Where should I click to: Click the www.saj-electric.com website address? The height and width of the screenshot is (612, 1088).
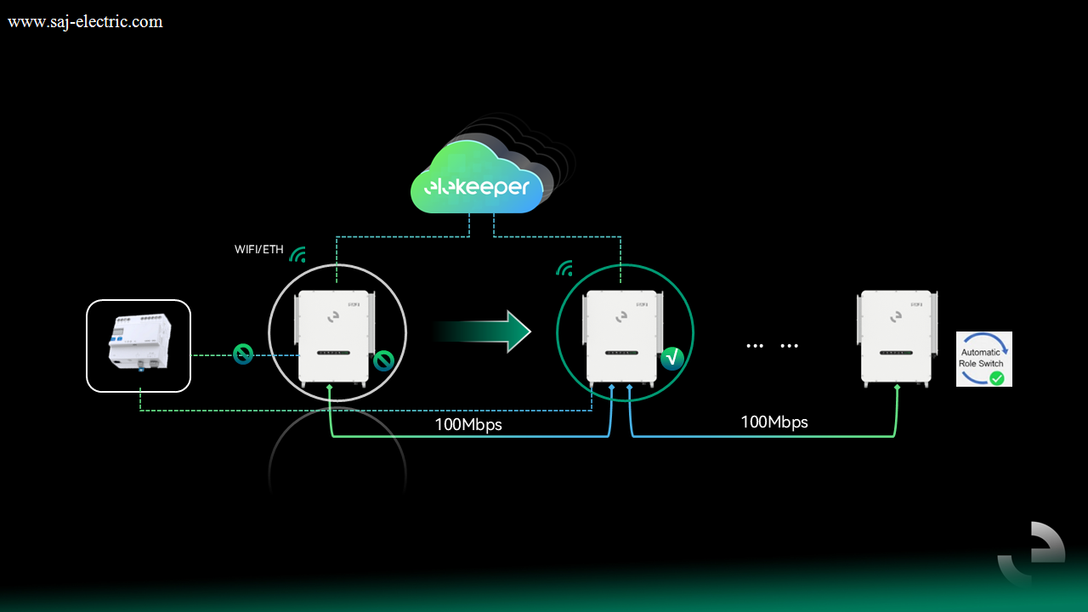coord(85,22)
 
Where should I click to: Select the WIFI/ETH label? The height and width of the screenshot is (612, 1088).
coord(259,250)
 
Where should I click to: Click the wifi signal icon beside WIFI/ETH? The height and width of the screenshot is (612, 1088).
coord(298,255)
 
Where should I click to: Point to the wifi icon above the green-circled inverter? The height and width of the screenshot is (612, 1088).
coord(564,269)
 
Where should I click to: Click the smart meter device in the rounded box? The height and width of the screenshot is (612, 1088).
coord(140,343)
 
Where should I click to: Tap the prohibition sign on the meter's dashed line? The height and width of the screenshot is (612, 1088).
coord(243,354)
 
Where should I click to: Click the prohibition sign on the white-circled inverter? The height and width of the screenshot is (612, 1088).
coord(383,361)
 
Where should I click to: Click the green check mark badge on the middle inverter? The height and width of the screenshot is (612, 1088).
coord(672,359)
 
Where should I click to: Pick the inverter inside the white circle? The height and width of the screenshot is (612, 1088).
coord(334,338)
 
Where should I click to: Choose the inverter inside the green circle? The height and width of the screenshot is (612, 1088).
coord(623,338)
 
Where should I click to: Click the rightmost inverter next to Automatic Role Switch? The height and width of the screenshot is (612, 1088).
coord(897,338)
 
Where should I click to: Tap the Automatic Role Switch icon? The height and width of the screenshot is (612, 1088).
coord(984,359)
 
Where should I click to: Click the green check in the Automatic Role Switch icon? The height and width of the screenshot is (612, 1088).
coord(997,378)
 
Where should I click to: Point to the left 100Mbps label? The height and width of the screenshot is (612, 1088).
coord(468,424)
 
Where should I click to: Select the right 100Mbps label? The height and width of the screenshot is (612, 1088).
coord(774,422)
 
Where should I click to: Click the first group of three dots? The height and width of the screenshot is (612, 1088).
coord(755,346)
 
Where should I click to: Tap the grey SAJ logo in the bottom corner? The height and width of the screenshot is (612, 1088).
coord(1032,553)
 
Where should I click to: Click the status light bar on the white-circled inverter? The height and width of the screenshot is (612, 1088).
coord(334,353)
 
